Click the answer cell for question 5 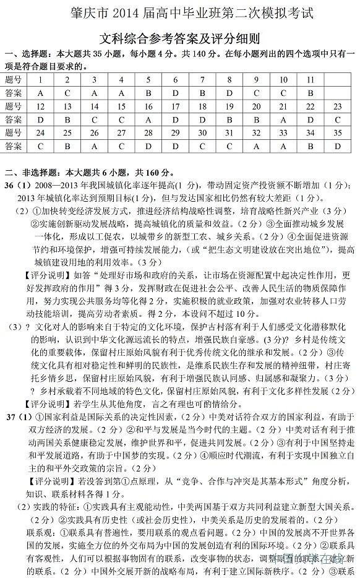(148, 93)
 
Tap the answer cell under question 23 (337, 119)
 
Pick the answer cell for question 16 (148, 119)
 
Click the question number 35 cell (337, 132)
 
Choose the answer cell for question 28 (148, 146)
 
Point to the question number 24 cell (40, 132)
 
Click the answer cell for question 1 (40, 93)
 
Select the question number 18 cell (202, 106)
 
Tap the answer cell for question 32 (256, 146)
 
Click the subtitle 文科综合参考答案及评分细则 (179, 37)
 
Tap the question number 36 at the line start (10, 186)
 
